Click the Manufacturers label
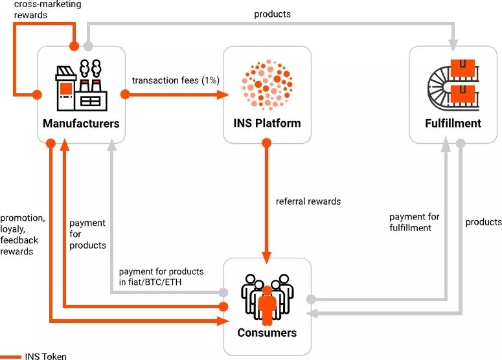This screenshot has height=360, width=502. click(81, 123)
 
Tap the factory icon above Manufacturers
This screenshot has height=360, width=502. click(81, 84)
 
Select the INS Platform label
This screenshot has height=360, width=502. click(267, 123)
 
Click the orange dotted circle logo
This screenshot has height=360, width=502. click(267, 83)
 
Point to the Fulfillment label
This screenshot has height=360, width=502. click(453, 123)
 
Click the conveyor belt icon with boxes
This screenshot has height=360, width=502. click(453, 83)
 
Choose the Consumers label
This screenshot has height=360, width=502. click(267, 333)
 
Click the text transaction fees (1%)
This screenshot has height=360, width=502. click(176, 80)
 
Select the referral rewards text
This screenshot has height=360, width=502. click(308, 201)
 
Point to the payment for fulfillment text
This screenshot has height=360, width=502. click(415, 222)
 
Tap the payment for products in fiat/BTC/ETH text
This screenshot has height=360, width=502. click(161, 276)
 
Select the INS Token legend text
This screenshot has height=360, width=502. click(45, 355)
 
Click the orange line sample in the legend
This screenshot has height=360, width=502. click(10, 355)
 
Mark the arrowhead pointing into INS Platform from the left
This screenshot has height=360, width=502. click(225, 95)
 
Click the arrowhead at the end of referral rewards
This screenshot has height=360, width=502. click(267, 253)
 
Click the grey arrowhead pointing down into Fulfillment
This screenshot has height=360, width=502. click(453, 43)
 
